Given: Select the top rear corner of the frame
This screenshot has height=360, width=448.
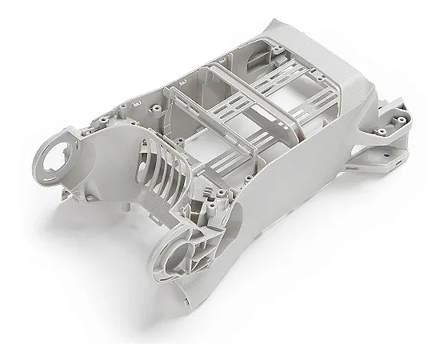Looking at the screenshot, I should [x=276, y=24].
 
